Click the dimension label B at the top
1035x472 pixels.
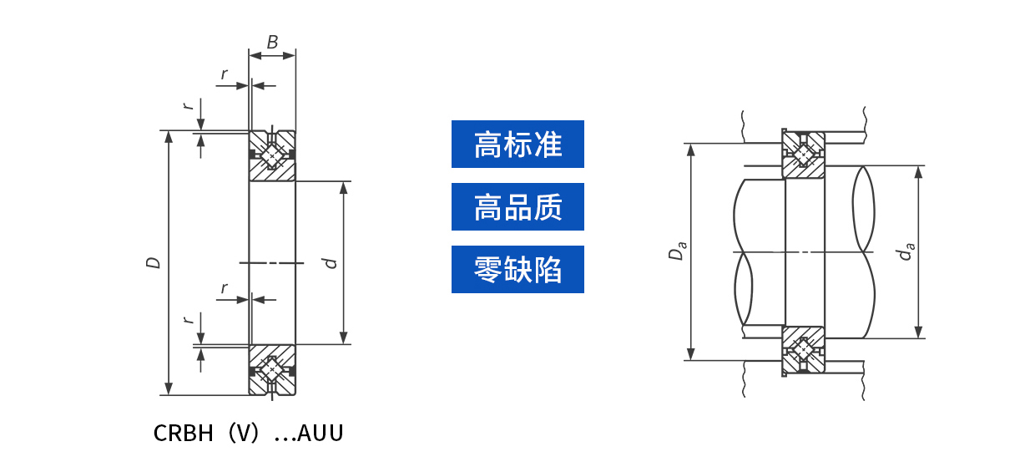coord(272,43)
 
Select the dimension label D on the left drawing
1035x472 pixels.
coord(154,262)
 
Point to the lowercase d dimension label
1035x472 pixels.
coord(331,262)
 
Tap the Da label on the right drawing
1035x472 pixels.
coord(677,251)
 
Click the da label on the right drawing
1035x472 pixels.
coord(906,251)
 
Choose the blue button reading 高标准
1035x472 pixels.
coord(517,145)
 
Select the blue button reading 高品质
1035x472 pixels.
coord(517,207)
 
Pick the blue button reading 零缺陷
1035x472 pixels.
coord(517,270)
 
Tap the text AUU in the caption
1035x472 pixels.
coord(321,434)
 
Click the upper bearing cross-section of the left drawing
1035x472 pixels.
coord(272,155)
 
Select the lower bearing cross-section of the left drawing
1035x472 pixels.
coord(272,369)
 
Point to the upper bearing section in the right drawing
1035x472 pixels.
coord(803,155)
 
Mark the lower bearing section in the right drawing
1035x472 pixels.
coord(803,350)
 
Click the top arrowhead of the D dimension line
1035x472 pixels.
coord(169,135)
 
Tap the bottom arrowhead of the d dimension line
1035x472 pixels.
coord(344,338)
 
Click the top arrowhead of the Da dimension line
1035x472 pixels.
coord(690,148)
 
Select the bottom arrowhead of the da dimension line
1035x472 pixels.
coord(919,332)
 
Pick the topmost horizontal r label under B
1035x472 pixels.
coord(224,74)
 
